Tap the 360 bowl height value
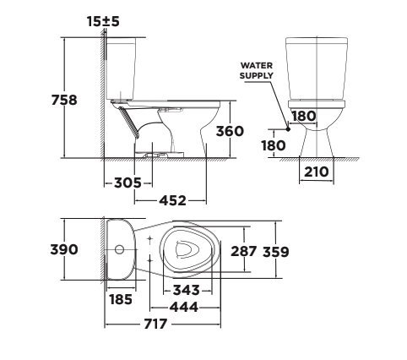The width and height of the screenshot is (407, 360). pos(229,131)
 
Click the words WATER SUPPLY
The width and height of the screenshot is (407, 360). pos(257,70)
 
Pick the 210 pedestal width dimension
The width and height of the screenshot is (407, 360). pos(317,172)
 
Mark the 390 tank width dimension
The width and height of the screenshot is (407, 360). pos(64,249)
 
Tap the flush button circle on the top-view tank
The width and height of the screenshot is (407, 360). pos(120,250)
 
